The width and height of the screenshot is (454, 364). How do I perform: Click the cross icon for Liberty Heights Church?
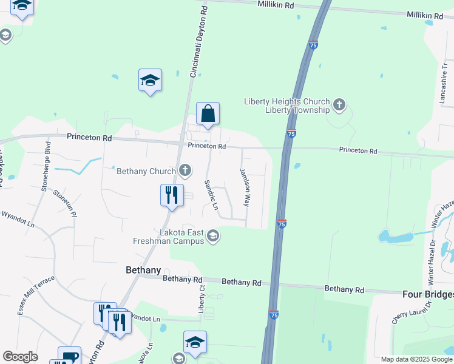[x=339, y=106]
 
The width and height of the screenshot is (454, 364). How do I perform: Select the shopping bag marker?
[x=208, y=113]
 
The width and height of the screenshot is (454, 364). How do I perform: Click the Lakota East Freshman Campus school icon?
[x=212, y=235]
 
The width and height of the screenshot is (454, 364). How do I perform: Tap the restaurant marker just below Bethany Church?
[x=171, y=195]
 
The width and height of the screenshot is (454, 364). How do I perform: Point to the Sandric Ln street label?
[x=211, y=195]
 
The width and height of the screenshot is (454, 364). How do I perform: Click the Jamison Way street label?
[x=245, y=187]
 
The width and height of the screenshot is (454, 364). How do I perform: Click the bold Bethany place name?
[x=143, y=270]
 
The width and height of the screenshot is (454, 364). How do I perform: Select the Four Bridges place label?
[x=428, y=294]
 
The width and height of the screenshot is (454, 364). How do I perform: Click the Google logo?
[x=20, y=357]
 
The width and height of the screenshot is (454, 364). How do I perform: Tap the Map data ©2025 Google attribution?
[x=416, y=359]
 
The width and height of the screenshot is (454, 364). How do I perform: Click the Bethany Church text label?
[x=146, y=171]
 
